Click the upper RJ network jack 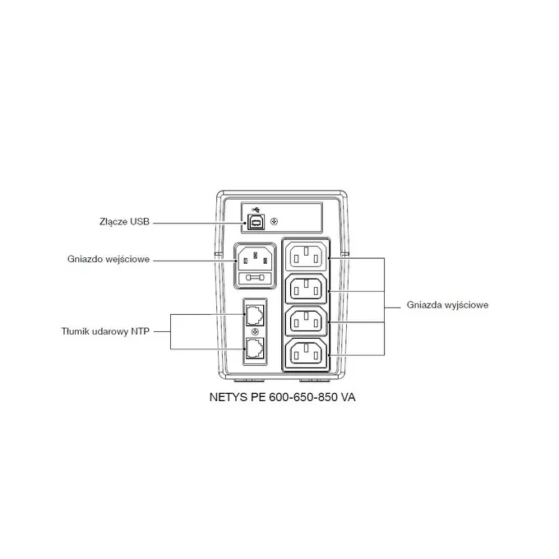[254, 314]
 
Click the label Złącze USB [122, 222]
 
